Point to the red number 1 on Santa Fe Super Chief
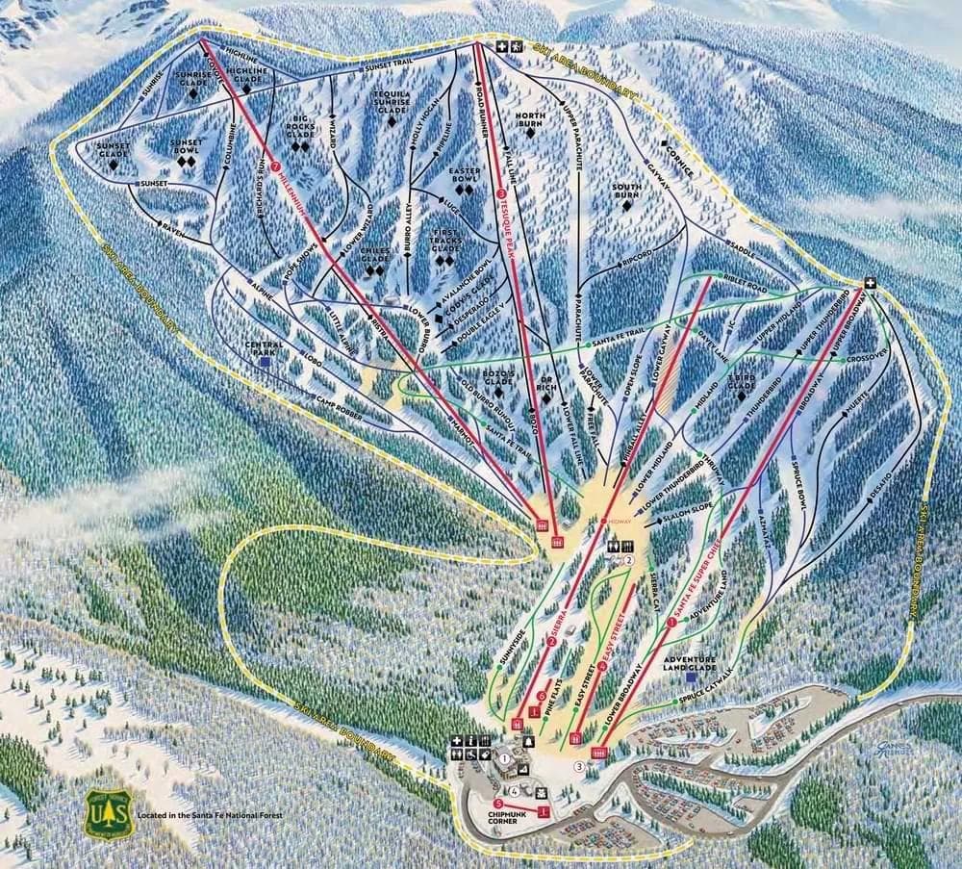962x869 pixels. pyautogui.click(x=671, y=622)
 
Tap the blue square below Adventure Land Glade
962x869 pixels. pyautogui.click(x=691, y=690)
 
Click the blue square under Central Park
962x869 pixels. pyautogui.click(x=265, y=363)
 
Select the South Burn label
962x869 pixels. pyautogui.click(x=627, y=190)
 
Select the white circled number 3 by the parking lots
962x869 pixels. pyautogui.click(x=579, y=765)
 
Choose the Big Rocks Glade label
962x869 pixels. pyautogui.click(x=300, y=128)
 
